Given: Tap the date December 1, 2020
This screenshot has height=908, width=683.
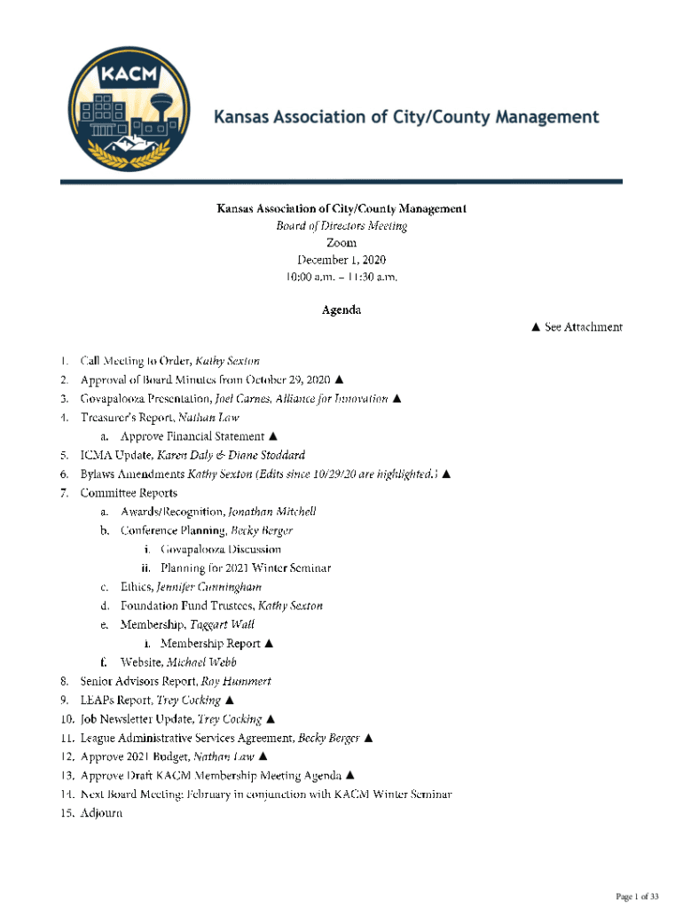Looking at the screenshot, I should tap(341, 260).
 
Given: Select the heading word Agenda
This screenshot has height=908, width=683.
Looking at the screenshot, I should tap(341, 309).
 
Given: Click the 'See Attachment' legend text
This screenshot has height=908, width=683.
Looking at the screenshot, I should tap(577, 327).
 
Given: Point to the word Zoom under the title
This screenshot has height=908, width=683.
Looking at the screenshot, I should tap(341, 243).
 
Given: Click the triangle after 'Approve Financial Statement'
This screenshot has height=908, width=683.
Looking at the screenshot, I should tap(273, 435).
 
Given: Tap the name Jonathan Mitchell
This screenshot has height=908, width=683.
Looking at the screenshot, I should tap(272, 512).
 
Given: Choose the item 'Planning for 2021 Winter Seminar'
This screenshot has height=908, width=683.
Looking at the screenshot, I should tap(246, 567).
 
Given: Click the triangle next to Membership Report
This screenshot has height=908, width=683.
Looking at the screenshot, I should tap(269, 643).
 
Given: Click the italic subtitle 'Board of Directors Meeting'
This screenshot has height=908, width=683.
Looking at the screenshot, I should tap(341, 226).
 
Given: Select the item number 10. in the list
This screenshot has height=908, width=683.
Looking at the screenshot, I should tap(67, 718).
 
